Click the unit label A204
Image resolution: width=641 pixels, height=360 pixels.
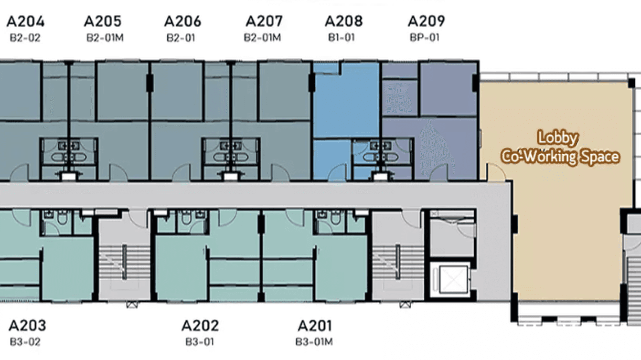click(26, 21)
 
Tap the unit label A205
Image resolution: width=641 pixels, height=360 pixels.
click(103, 21)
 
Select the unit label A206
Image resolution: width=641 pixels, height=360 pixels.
click(182, 21)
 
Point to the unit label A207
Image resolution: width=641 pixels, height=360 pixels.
click(264, 21)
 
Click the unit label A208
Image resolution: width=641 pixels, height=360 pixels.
click(343, 21)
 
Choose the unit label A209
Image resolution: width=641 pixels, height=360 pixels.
click(426, 21)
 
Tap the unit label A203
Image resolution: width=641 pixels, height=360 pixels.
click(27, 326)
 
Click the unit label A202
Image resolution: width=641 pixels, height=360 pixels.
click(200, 326)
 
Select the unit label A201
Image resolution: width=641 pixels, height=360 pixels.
click(315, 326)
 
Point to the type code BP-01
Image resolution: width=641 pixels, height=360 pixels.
click(424, 37)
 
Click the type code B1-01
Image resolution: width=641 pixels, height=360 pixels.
click(342, 37)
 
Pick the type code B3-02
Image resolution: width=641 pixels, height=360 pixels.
click(25, 342)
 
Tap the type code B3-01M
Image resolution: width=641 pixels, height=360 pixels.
click(314, 342)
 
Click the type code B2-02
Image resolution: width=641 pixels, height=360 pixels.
click(25, 37)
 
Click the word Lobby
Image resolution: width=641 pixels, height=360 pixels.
click(558, 138)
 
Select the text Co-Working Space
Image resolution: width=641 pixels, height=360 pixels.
click(560, 157)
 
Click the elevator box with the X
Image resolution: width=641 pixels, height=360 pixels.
click(449, 279)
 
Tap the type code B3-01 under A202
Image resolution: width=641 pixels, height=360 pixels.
click(200, 342)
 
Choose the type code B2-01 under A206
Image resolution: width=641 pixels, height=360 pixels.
click(181, 37)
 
